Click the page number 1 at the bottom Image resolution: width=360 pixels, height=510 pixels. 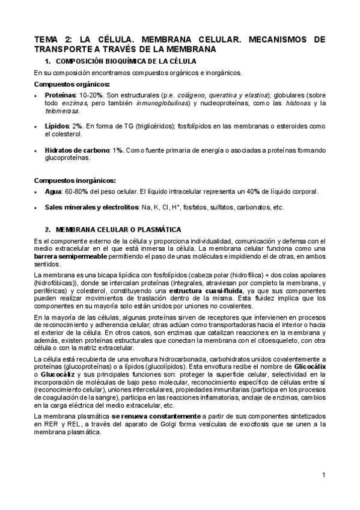pos(323,475)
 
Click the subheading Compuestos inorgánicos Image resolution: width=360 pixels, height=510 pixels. pos(76,180)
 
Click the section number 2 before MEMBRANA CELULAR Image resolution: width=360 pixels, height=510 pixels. pos(47,230)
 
